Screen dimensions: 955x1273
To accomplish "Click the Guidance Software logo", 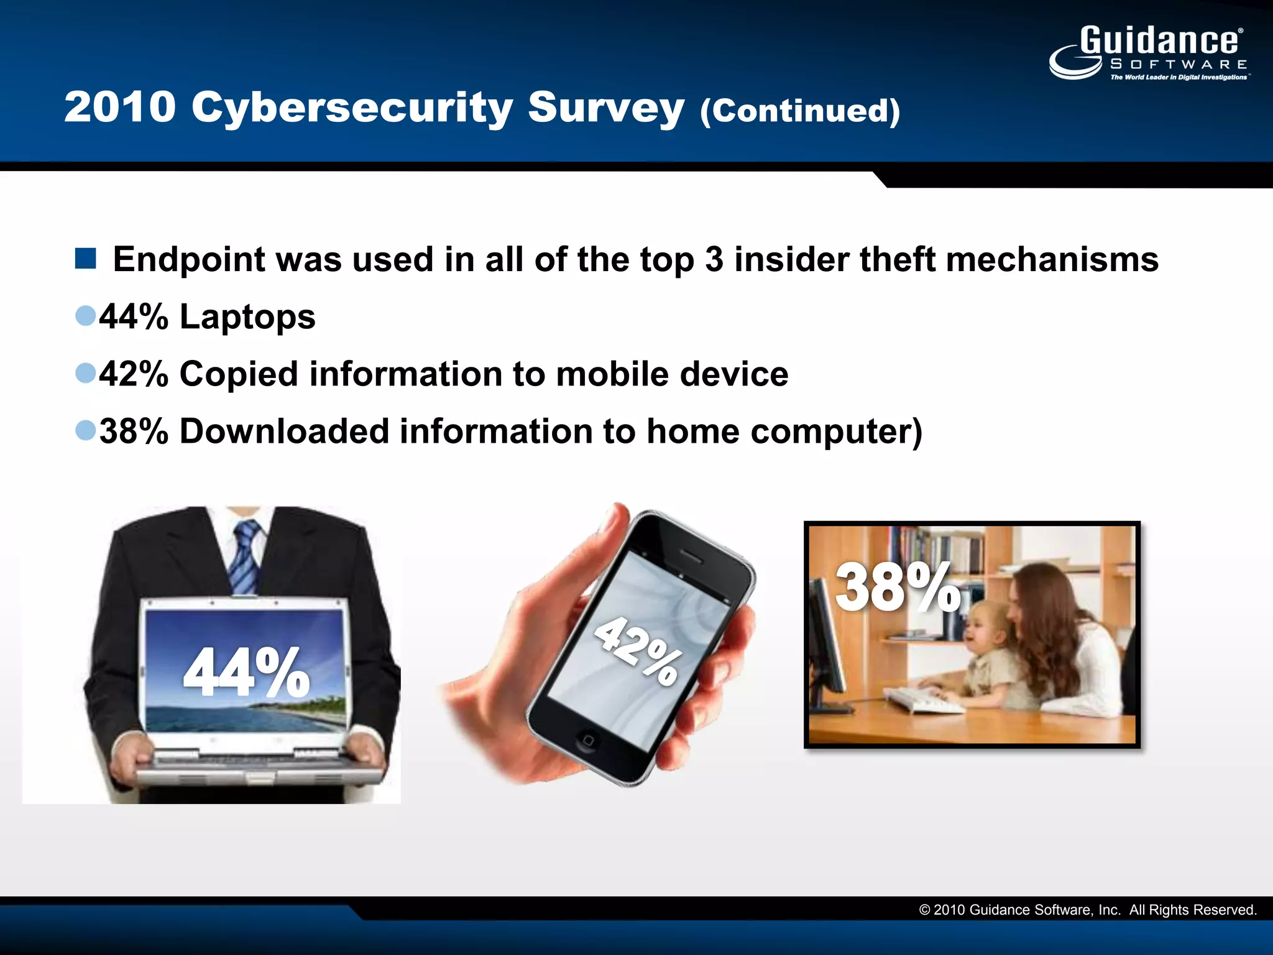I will click(1150, 53).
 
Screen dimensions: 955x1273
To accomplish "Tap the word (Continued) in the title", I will click(800, 111).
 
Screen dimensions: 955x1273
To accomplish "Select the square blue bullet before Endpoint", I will click(85, 258).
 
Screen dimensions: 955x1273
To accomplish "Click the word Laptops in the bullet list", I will click(247, 316).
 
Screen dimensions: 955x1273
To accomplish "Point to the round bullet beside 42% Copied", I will click(85, 373).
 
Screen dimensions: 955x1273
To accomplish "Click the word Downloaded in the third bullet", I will click(283, 431).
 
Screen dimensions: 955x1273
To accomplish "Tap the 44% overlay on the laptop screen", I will click(246, 672).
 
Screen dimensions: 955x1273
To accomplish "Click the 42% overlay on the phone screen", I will click(636, 650).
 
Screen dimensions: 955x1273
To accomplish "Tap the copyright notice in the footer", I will click(1087, 910).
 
